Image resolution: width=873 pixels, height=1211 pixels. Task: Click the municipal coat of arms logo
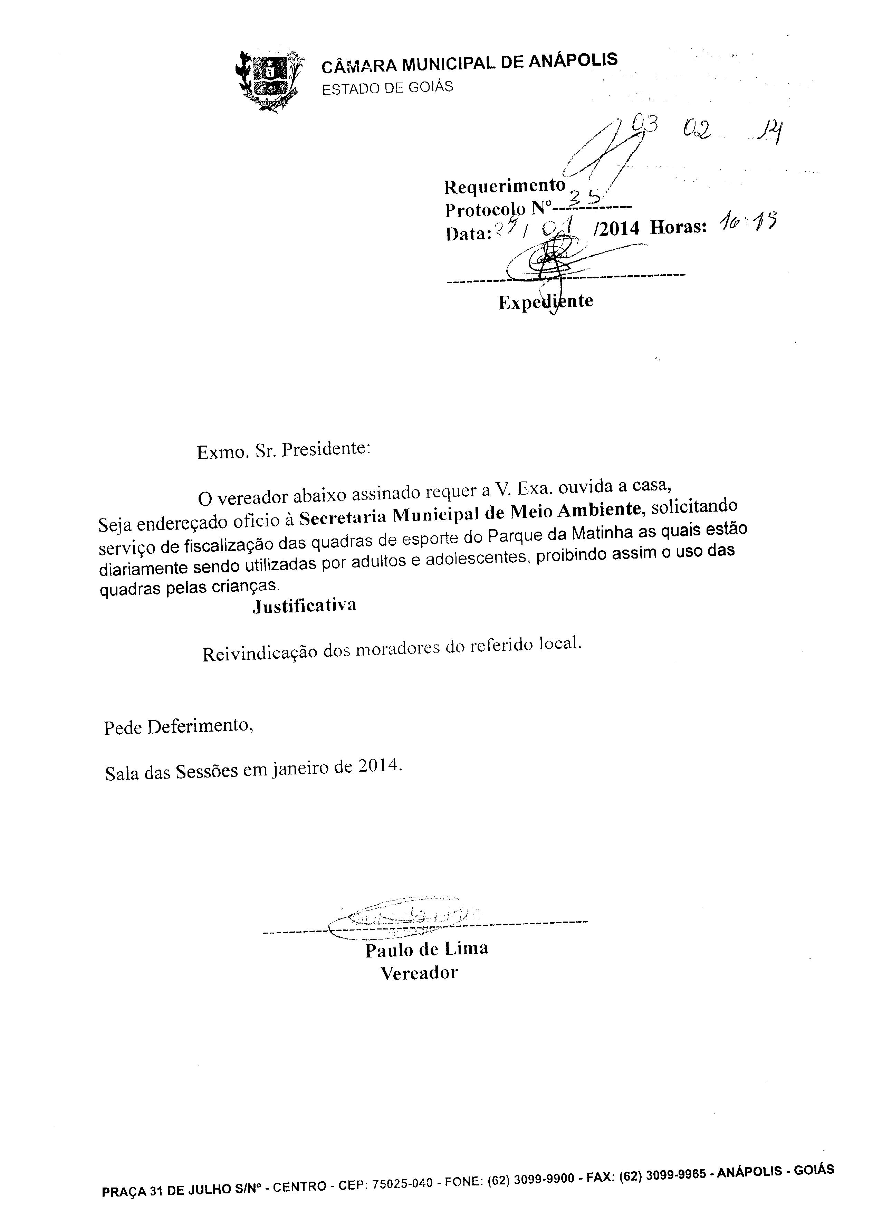pyautogui.click(x=269, y=80)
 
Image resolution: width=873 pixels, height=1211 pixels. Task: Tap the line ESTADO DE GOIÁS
pyautogui.click(x=387, y=87)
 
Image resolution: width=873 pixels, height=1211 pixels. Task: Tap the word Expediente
pyautogui.click(x=546, y=302)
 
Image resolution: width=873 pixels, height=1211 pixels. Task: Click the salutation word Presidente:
pyautogui.click(x=326, y=449)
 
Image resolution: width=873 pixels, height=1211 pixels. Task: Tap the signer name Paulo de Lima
pyautogui.click(x=426, y=949)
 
